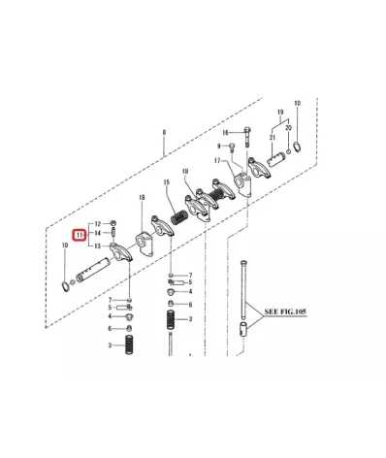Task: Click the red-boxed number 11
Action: point(80,235)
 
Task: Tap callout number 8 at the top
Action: point(165,132)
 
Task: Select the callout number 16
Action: point(224,133)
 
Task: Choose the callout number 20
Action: point(288,127)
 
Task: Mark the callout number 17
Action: point(218,160)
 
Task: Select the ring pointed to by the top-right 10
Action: point(297,147)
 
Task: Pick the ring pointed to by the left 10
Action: point(65,284)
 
